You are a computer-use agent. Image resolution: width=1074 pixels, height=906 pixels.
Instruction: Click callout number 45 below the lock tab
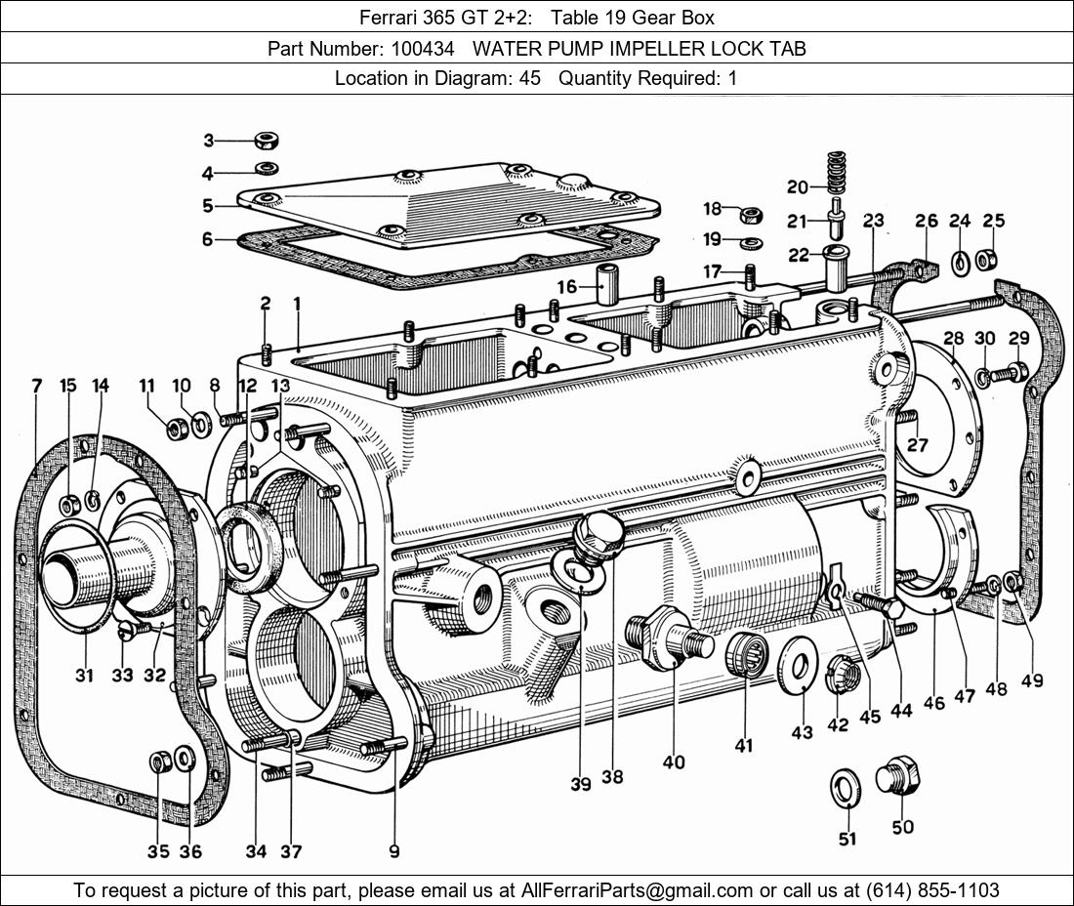[869, 716]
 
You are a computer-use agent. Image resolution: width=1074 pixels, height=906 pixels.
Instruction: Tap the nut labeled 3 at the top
[268, 141]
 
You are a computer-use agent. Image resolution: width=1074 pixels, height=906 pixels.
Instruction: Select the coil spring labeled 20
[835, 173]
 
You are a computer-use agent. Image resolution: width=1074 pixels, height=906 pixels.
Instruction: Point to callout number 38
[612, 776]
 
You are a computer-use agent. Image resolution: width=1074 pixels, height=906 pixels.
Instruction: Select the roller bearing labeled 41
[747, 652]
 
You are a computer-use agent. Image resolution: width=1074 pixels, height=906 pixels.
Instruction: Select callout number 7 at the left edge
[37, 386]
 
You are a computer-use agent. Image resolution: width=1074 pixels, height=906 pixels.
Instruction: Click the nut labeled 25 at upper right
[987, 261]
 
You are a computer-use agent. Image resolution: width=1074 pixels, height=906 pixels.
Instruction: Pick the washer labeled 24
[960, 262]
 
